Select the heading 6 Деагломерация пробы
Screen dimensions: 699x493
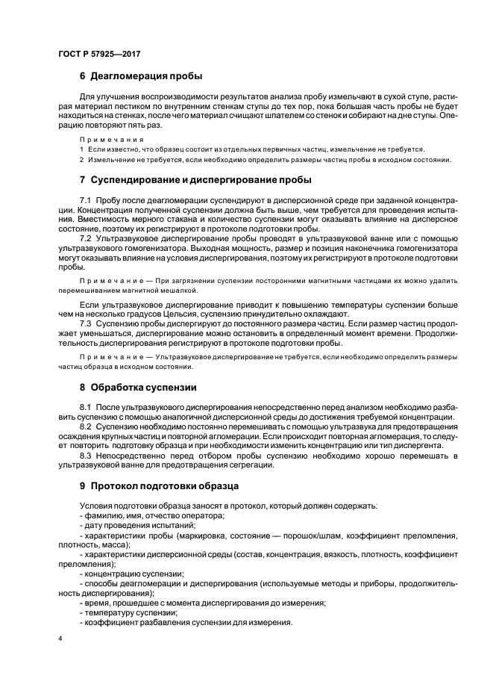click(141, 77)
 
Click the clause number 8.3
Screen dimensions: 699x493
click(85, 456)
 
